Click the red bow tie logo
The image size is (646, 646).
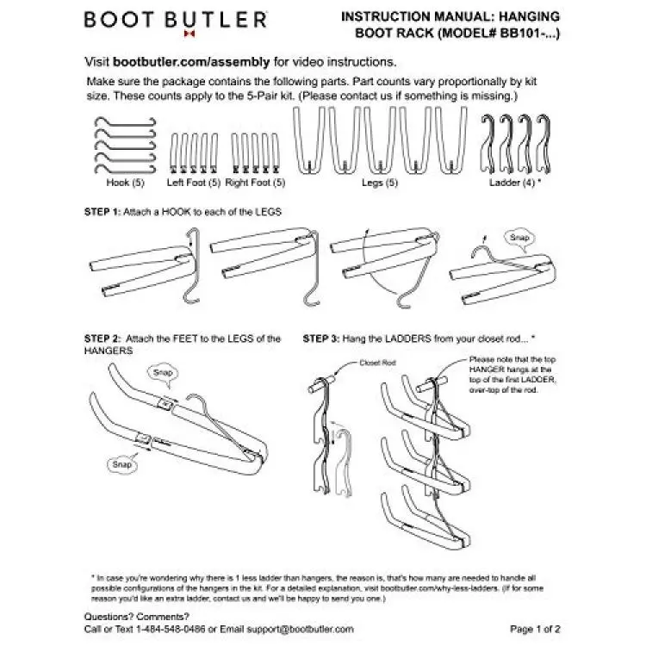click(188, 36)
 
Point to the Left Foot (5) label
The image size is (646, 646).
click(194, 183)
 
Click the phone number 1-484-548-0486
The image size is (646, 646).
click(173, 629)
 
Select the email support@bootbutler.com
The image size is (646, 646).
click(301, 629)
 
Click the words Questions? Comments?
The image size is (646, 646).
click(135, 617)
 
